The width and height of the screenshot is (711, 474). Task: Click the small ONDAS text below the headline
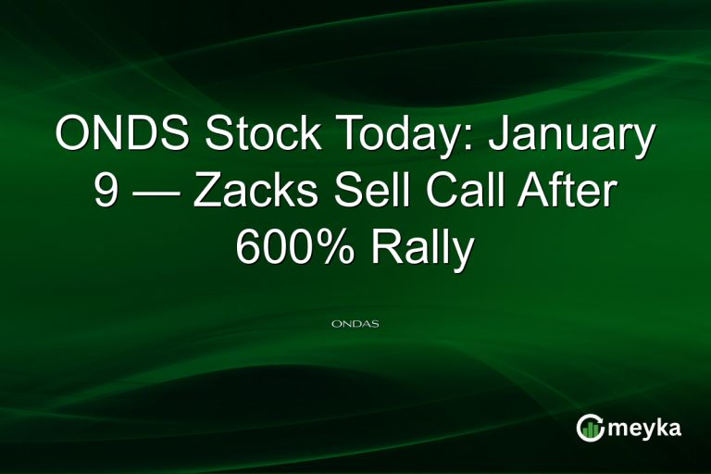(x=355, y=325)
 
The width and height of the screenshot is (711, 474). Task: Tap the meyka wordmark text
(x=647, y=428)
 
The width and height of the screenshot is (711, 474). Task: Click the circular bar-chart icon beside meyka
(x=590, y=428)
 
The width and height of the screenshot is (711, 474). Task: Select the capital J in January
(x=498, y=135)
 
